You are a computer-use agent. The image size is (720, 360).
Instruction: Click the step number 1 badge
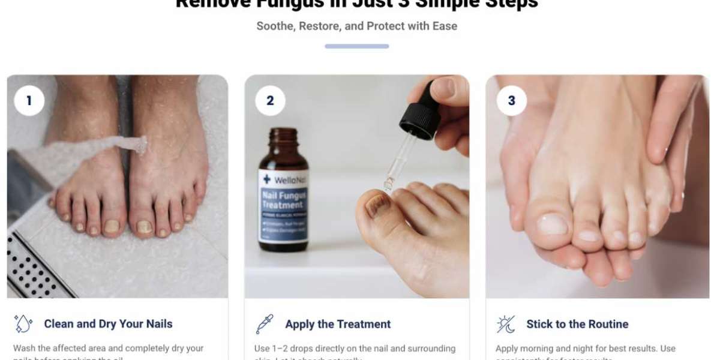click(29, 101)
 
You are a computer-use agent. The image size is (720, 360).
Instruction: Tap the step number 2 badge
click(270, 101)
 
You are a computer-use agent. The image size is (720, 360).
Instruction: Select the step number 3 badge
click(511, 101)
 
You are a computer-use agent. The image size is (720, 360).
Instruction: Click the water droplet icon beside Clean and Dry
click(23, 324)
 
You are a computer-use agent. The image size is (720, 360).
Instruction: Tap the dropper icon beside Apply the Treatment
click(265, 324)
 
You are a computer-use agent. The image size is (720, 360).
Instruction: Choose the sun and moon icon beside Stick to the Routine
click(506, 324)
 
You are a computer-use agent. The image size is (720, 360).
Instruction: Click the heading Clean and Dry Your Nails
click(108, 324)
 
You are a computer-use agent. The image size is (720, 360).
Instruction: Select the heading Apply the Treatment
click(338, 324)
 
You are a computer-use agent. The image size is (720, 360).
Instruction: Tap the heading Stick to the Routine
click(577, 324)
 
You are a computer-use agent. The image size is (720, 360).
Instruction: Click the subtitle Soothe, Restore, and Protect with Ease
click(356, 26)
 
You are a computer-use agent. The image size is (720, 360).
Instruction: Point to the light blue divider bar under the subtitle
click(356, 46)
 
